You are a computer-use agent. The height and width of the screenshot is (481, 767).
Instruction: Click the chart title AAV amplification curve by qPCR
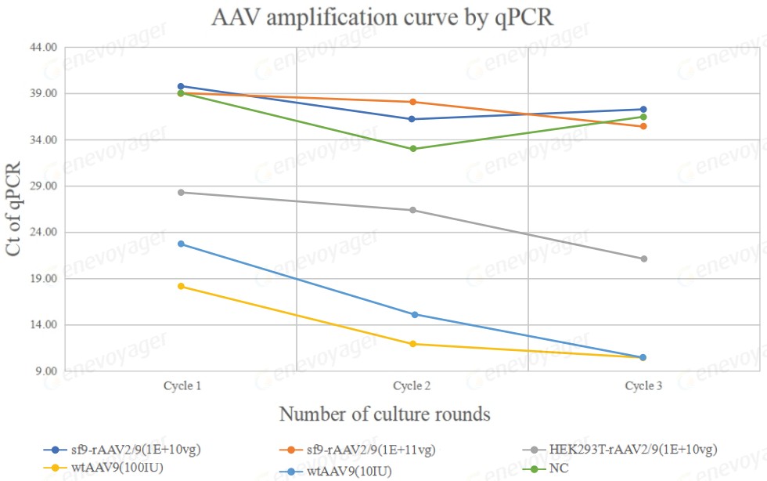[383, 18]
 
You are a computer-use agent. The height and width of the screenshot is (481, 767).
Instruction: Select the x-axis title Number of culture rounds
[384, 414]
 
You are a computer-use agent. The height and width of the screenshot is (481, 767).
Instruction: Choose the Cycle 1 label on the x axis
[182, 386]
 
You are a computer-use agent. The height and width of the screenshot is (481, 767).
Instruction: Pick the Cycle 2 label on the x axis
[412, 386]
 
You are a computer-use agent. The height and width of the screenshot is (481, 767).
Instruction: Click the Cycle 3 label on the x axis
[643, 386]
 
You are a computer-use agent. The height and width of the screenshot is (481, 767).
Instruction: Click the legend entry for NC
[559, 469]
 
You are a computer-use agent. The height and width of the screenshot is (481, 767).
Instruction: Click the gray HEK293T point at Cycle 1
[181, 193]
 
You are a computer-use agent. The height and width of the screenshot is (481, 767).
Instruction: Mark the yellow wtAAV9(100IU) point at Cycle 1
[181, 287]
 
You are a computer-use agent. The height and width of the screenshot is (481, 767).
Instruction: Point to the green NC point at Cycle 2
[412, 149]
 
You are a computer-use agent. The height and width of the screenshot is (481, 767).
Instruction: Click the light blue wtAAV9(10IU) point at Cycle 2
[412, 315]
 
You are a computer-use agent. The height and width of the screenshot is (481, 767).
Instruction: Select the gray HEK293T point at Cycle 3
[644, 259]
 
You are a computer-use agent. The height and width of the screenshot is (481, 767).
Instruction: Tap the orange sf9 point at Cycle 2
[412, 102]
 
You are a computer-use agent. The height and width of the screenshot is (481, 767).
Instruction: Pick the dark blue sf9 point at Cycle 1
[181, 86]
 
